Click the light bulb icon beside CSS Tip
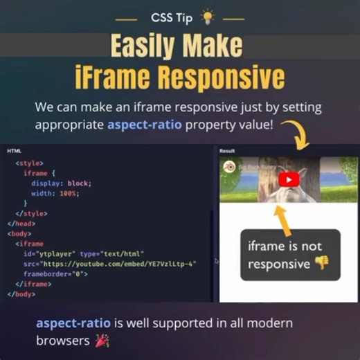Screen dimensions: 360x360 tap(206, 17)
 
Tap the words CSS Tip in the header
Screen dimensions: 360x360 tap(172, 17)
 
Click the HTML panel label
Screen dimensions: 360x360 tap(14, 150)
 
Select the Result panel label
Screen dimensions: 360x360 tap(227, 150)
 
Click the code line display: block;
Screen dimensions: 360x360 tap(61, 183)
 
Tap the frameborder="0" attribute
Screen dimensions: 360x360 tap(60, 274)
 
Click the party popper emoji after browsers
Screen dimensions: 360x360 tap(101, 341)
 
